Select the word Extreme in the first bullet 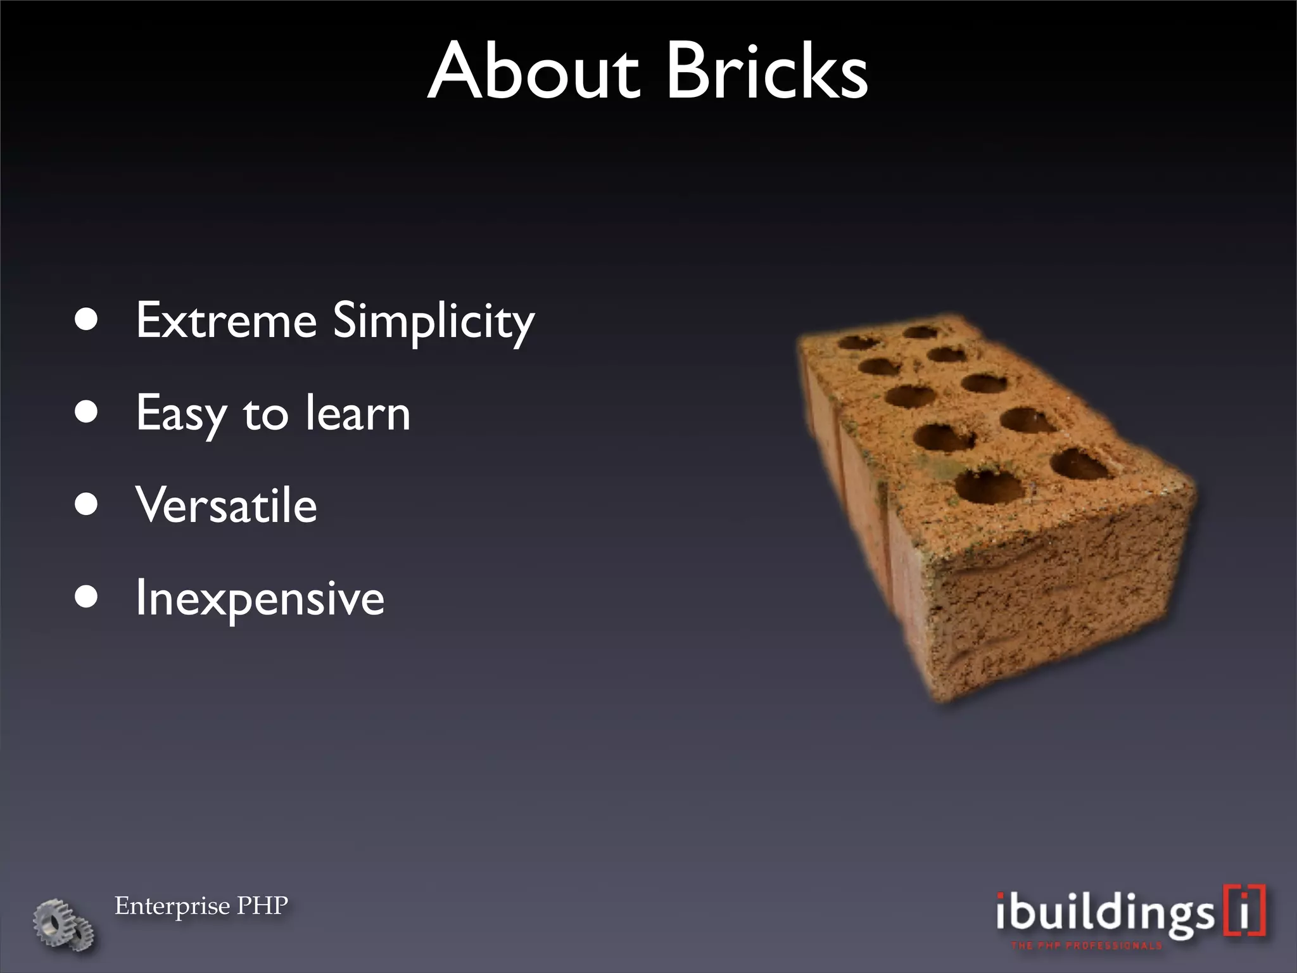(x=226, y=321)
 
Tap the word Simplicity (x=434, y=322)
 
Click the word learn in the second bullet (x=358, y=413)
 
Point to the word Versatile (x=226, y=506)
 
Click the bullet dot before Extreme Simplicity (x=86, y=321)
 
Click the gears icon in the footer (x=63, y=924)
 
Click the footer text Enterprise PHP (x=201, y=906)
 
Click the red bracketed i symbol (x=1244, y=911)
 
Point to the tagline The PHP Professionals (x=1086, y=946)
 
